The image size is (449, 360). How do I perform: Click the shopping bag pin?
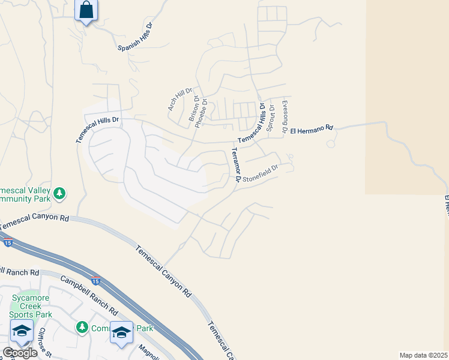click(86, 11)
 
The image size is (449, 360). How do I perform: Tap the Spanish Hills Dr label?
click(136, 39)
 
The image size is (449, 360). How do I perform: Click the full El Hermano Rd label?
click(311, 129)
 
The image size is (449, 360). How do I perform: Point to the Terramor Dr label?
click(234, 165)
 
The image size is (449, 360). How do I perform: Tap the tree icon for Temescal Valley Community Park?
click(59, 193)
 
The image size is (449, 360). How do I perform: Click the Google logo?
click(19, 353)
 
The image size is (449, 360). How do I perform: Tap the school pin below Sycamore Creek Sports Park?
click(22, 331)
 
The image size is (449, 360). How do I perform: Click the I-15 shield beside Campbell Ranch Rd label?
click(95, 280)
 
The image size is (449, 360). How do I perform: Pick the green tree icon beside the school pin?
click(82, 328)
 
